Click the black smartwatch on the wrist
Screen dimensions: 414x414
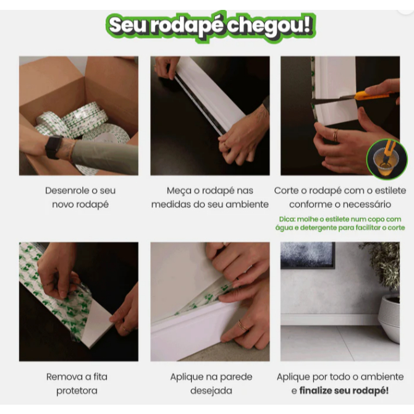click(x=54, y=147)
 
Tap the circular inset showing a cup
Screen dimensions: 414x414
click(x=387, y=159)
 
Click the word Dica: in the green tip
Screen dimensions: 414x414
click(x=287, y=219)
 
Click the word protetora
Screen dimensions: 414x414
click(x=77, y=391)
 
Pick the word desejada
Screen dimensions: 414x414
click(x=211, y=391)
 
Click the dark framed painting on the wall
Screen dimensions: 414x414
click(x=308, y=255)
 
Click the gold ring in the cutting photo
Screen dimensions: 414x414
click(x=335, y=135)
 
